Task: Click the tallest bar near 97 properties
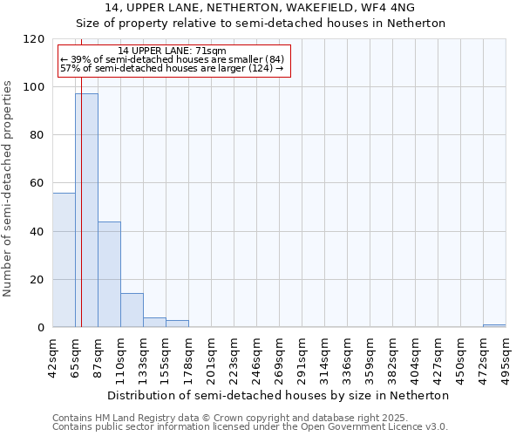86,210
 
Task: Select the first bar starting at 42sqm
64,260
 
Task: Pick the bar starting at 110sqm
132,310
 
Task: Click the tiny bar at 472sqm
494,326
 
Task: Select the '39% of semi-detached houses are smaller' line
172,59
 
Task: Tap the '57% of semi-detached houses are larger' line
172,68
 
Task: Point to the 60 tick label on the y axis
37,183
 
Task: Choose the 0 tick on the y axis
41,328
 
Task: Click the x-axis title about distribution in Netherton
283,395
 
